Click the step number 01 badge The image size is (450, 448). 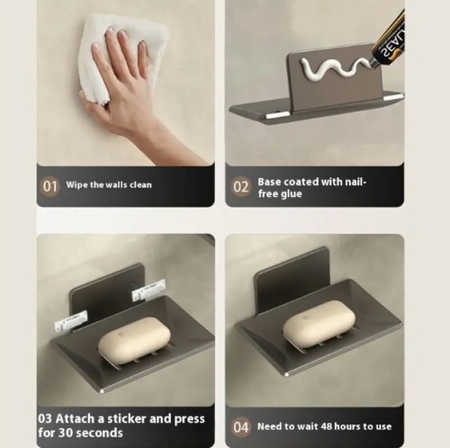(49, 186)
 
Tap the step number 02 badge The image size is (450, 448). (241, 187)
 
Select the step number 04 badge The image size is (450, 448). (241, 427)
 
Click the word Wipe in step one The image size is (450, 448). (76, 184)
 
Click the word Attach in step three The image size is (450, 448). (76, 418)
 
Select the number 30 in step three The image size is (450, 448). (65, 433)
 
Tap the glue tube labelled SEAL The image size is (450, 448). (390, 39)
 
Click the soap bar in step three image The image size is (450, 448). (134, 336)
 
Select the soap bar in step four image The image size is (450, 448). (319, 320)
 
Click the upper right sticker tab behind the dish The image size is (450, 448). (148, 290)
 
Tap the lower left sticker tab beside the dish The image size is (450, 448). (71, 321)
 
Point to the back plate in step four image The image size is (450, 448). (292, 279)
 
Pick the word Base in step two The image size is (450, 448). (270, 182)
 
